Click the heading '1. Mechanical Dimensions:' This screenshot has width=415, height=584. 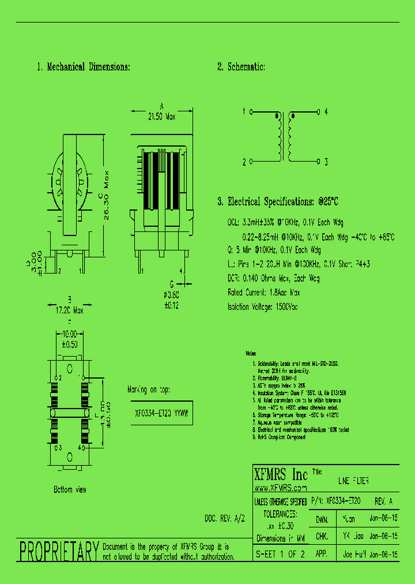(84, 68)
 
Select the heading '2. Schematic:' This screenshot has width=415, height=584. (241, 68)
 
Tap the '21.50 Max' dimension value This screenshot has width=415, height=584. (161, 116)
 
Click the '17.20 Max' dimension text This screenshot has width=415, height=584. (69, 310)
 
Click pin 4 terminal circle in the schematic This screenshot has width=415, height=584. (318, 111)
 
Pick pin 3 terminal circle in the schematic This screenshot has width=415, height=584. (318, 162)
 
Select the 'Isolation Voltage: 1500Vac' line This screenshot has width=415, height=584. (263, 307)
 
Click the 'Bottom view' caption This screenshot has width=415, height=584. (70, 489)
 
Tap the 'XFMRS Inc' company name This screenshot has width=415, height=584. (281, 475)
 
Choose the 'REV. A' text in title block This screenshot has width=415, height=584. (384, 502)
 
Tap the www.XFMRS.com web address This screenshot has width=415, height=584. (280, 488)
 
